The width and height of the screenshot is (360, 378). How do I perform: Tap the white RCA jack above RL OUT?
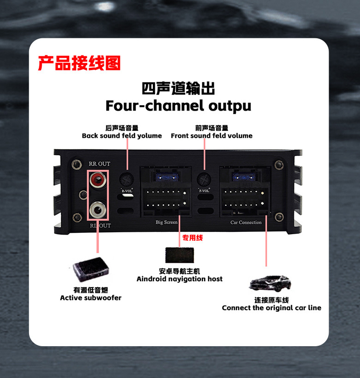click(97, 210)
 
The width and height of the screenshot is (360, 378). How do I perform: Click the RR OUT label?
click(99, 164)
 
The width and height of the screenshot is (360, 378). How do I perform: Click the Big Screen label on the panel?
click(167, 222)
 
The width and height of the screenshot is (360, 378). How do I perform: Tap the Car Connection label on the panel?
click(246, 222)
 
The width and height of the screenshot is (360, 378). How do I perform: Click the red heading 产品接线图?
click(79, 63)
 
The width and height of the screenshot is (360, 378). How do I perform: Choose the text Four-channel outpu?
click(178, 106)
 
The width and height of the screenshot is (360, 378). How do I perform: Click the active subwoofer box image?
click(90, 272)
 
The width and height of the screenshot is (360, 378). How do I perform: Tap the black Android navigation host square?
click(179, 255)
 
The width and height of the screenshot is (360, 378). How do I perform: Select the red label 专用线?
click(192, 238)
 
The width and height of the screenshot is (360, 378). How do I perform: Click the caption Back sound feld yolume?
click(122, 136)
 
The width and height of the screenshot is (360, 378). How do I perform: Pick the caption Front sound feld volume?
click(211, 136)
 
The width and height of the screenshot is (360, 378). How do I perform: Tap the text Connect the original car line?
click(271, 308)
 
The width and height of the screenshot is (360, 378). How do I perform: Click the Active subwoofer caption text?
click(90, 298)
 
